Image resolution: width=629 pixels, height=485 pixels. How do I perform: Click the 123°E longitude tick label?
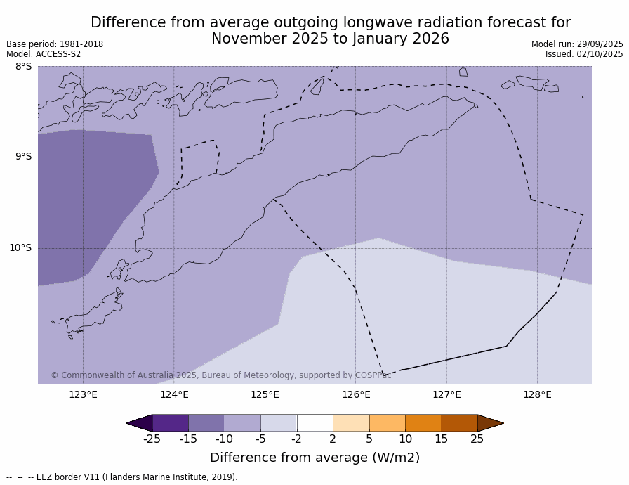pos(83,394)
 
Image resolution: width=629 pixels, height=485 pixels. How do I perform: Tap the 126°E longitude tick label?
pos(356,394)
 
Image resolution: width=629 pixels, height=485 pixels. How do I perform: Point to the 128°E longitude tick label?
pos(537,394)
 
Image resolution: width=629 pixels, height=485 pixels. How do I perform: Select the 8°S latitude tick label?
pos(23,67)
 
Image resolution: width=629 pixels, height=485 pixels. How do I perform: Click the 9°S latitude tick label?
pos(23,157)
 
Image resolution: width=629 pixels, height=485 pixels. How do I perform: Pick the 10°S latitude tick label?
pos(20,247)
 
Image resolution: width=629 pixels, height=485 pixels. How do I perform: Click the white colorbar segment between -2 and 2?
pos(314,423)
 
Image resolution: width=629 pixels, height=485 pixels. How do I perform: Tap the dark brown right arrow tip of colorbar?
pos(490,423)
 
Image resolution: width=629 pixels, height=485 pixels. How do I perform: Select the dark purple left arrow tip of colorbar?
pos(139,423)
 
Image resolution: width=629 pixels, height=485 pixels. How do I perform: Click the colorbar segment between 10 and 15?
pos(423,423)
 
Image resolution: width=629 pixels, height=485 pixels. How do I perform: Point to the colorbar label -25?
pos(152,439)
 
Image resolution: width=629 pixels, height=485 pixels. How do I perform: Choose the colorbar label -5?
pos(260,439)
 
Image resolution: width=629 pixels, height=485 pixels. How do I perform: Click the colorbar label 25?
pos(477,439)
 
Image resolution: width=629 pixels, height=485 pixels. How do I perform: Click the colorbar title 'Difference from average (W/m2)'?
pos(314,458)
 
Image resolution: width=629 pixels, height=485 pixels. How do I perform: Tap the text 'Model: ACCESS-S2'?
pos(44,54)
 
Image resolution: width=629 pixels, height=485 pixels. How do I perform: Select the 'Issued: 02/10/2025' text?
pos(584,54)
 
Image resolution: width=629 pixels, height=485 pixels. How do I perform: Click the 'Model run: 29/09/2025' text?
pos(577,44)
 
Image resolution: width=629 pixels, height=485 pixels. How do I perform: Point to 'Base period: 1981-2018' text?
pos(55,44)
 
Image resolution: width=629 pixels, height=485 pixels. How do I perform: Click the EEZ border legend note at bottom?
pos(122,477)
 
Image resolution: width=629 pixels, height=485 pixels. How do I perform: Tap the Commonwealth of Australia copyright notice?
pos(220,375)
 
